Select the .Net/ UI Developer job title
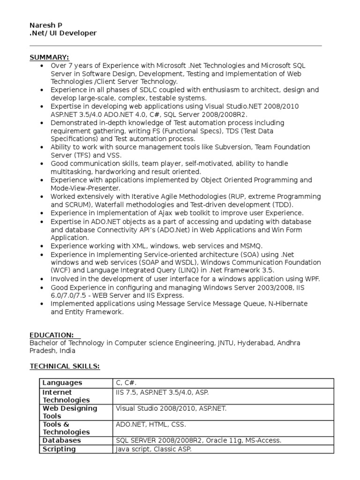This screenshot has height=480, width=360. [x=63, y=33]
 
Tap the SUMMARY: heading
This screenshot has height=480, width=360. [x=49, y=57]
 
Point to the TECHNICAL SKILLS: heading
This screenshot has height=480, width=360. [x=65, y=366]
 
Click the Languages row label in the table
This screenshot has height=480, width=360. [x=62, y=383]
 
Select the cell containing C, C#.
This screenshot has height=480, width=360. [x=127, y=383]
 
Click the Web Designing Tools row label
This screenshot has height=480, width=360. [x=70, y=412]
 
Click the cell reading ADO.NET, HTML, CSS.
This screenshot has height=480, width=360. [x=151, y=425]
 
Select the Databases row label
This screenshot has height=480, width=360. [x=61, y=441]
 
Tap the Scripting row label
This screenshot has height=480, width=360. [x=59, y=449]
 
